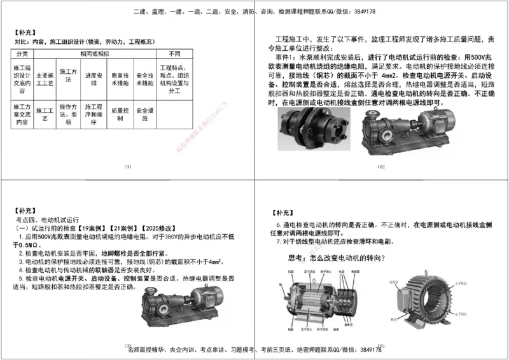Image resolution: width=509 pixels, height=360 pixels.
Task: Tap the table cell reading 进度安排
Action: [x=94, y=78]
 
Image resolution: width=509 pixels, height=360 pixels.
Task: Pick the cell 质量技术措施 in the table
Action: [x=119, y=78]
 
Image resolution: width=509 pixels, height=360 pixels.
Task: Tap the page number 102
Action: [x=381, y=167]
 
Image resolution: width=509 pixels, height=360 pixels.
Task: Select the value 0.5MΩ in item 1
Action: [x=29, y=245]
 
